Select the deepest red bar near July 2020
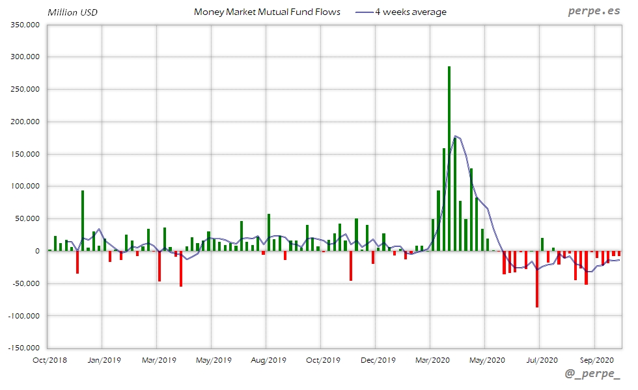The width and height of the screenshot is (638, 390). tap(537, 279)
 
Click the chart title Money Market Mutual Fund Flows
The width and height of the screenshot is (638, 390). tap(267, 12)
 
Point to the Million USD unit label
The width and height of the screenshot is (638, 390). tap(72, 12)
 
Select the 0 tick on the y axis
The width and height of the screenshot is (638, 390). tap(38, 251)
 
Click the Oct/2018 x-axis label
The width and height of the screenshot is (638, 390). tap(48, 359)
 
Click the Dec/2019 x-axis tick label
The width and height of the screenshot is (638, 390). tap(376, 359)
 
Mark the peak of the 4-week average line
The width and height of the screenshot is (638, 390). tap(455, 136)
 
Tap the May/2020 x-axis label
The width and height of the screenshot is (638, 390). tap(486, 359)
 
